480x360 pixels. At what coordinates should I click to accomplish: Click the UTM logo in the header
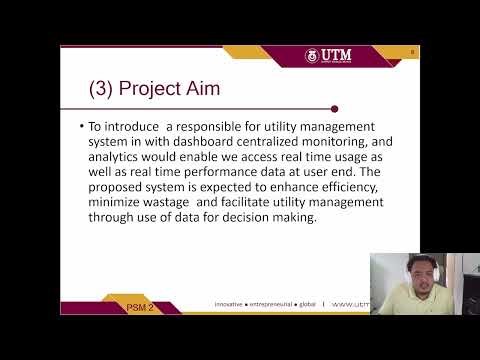(x=330, y=55)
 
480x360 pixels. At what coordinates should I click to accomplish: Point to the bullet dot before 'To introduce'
(x=81, y=128)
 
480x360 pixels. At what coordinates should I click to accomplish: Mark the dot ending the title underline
(x=334, y=108)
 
